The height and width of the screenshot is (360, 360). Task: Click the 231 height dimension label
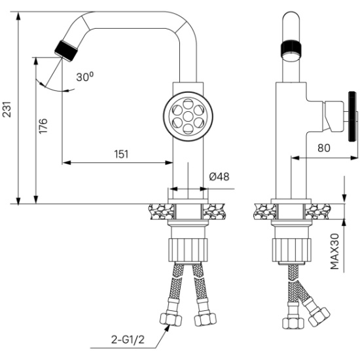(7, 109)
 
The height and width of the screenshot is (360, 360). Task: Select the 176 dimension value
(43, 126)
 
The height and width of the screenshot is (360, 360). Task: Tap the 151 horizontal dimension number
(122, 154)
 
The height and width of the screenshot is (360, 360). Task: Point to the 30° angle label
(85, 77)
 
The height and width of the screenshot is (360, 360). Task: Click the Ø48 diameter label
(219, 177)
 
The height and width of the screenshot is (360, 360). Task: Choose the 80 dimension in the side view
(324, 148)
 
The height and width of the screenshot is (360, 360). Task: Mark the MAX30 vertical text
(334, 251)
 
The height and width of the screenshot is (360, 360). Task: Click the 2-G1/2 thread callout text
(128, 340)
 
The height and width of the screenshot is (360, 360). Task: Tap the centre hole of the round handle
(189, 116)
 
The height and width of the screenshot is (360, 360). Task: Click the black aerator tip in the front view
(66, 51)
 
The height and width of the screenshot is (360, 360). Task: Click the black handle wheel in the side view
(352, 117)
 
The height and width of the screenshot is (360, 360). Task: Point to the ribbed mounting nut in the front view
(188, 250)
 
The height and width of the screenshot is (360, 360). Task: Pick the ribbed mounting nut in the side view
(291, 250)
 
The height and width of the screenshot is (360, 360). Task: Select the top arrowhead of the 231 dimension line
(18, 16)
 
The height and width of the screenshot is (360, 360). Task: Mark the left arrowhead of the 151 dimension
(66, 163)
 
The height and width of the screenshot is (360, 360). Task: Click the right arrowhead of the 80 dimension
(354, 158)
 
